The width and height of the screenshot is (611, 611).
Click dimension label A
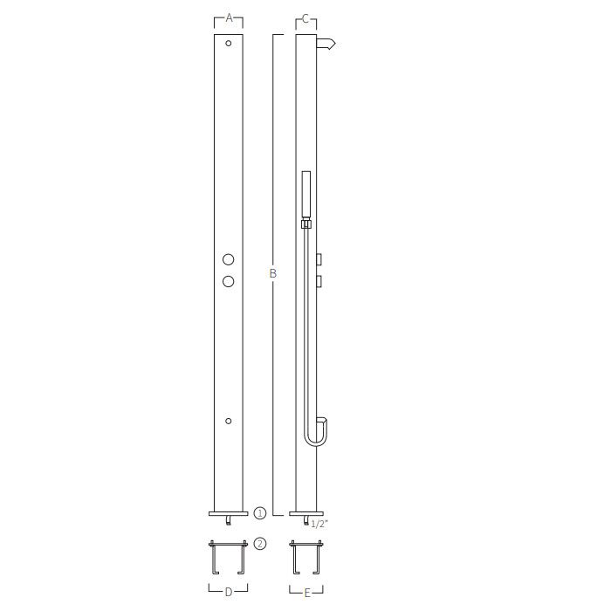point(229,18)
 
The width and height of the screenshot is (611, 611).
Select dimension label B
point(272,273)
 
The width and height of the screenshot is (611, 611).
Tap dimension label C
point(305,18)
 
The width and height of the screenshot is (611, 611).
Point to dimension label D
point(229,593)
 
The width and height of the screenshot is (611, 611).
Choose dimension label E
point(307,594)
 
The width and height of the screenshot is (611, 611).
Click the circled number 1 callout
point(260,513)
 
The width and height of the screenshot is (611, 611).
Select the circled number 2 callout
point(260,544)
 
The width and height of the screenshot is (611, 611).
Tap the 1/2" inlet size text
point(319,524)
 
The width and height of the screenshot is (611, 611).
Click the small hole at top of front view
point(229,44)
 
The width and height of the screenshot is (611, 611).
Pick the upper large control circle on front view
point(229,259)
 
